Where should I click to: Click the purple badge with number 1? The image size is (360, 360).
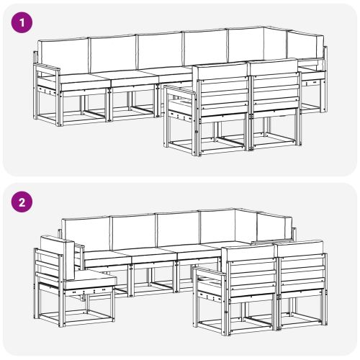click(23, 22)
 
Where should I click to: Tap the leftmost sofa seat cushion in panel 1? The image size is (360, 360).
click(83, 80)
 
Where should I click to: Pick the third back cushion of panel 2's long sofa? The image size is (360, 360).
click(177, 228)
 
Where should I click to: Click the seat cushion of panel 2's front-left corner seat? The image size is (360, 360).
click(90, 279)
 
